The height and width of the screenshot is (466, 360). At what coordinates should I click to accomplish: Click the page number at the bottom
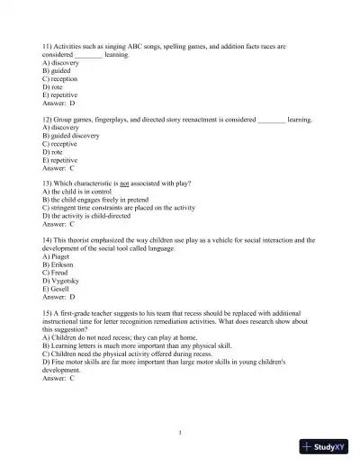pos(180,433)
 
